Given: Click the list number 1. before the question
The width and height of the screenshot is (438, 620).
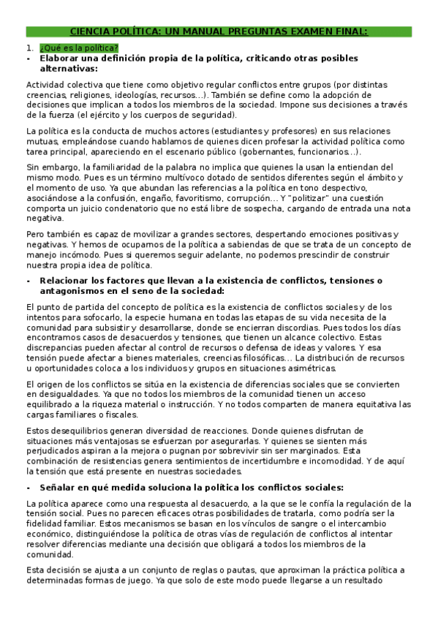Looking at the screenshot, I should (x=30, y=48).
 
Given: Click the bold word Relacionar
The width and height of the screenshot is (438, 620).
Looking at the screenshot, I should (x=70, y=280).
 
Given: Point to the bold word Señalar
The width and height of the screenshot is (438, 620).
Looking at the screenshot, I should (x=58, y=487).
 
